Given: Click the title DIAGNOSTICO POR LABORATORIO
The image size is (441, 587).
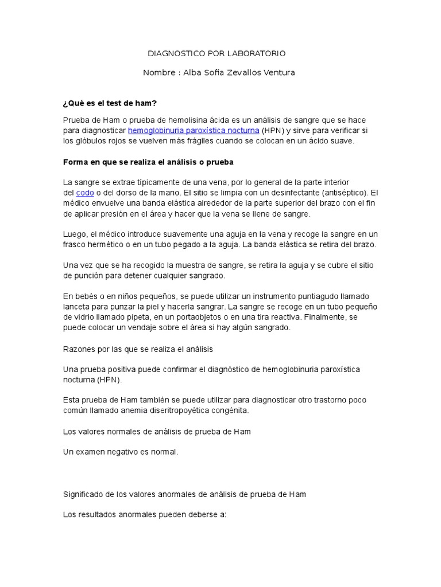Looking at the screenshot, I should (216, 53).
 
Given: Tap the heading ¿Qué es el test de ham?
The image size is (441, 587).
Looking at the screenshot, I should (110, 103).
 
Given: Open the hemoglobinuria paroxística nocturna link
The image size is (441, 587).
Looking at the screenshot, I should (194, 130).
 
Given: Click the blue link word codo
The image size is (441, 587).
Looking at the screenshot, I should (84, 193).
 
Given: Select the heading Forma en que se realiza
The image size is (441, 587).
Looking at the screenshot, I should (148, 162).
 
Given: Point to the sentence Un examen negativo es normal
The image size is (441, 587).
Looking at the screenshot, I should (121, 452).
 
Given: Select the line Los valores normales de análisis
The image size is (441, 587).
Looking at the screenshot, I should (157, 431).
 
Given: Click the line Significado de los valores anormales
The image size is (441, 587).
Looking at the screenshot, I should (184, 494).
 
